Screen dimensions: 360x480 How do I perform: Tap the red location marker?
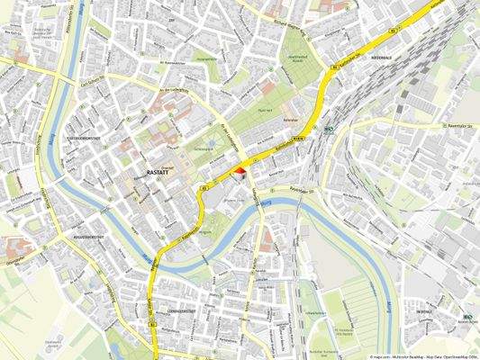point(240,171)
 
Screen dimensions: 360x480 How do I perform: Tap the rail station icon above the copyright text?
point(466,316)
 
